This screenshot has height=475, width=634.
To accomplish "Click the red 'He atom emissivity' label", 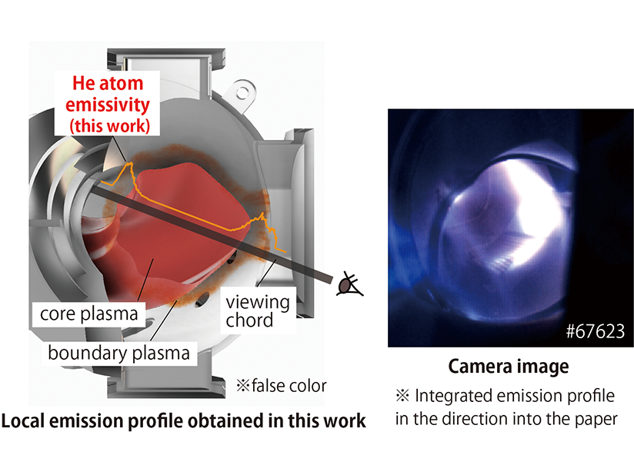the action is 108,105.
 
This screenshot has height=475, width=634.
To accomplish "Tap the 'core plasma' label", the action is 89,314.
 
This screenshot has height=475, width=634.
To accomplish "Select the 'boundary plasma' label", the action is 118,353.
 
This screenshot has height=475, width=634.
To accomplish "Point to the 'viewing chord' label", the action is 258,311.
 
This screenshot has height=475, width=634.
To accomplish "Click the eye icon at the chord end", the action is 349,284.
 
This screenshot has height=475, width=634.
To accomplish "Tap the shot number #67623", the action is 596,331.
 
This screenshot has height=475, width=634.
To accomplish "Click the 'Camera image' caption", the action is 509,367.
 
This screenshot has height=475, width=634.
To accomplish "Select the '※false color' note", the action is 282,386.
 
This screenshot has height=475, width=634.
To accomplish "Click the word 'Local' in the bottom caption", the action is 22,420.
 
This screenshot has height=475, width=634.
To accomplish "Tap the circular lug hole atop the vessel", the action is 242,93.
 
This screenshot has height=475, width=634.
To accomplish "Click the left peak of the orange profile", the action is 131,163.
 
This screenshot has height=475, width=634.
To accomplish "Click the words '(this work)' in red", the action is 109,125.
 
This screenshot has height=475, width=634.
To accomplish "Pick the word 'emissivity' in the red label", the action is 108,105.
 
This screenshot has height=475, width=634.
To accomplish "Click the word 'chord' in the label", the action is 249,321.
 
